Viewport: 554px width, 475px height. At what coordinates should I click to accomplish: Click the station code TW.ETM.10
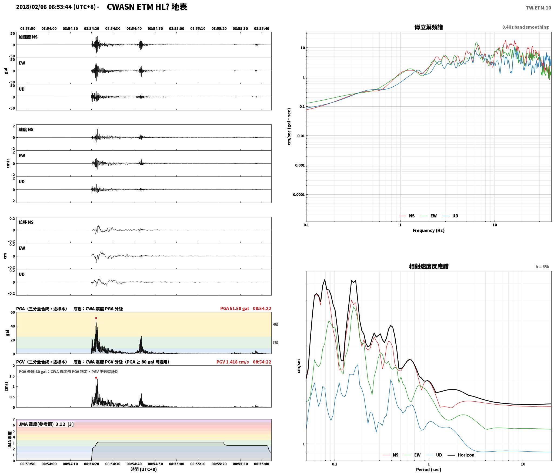click(538, 8)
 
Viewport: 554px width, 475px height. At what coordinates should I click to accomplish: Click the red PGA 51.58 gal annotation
click(235, 308)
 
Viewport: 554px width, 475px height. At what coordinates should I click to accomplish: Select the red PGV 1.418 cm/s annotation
click(232, 362)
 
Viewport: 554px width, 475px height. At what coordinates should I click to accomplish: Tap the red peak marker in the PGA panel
click(96, 318)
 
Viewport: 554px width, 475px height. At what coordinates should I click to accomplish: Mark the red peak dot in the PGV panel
click(96, 378)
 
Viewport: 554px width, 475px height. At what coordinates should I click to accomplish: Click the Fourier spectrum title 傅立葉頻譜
click(429, 27)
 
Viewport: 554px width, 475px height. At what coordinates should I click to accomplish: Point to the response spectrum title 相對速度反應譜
click(429, 267)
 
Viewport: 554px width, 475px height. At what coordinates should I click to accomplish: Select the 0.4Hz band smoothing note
click(525, 27)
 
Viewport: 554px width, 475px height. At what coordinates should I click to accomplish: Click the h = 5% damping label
click(542, 267)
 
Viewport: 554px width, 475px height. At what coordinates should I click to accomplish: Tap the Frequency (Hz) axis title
click(429, 230)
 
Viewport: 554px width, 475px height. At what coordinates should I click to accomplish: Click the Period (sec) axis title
click(429, 470)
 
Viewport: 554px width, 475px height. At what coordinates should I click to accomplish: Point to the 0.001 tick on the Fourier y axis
click(300, 165)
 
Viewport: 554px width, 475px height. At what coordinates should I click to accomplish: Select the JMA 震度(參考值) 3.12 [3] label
click(46, 424)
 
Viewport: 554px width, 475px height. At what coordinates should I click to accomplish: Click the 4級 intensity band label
click(275, 324)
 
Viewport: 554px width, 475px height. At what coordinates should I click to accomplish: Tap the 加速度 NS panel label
click(28, 37)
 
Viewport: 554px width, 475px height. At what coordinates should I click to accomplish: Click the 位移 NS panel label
click(26, 222)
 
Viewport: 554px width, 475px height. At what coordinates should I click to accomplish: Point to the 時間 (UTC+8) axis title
click(144, 469)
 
